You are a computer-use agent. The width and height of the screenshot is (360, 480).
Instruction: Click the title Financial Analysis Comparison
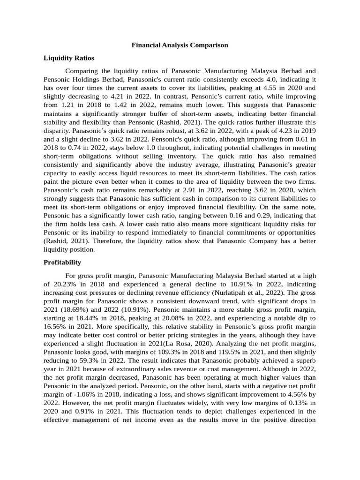[x=180, y=45]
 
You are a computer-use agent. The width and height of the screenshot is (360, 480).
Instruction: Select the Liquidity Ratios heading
[x=68, y=58]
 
